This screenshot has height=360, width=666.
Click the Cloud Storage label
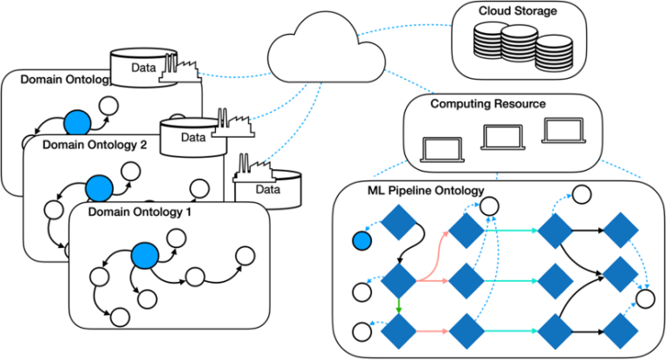coord(518,10)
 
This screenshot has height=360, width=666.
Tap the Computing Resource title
coord(488,104)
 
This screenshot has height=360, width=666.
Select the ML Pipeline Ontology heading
coord(426,191)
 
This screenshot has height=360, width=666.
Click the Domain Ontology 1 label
coord(140,212)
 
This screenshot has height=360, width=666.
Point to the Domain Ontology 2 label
coord(95,145)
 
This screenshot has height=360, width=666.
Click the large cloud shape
coord(327,48)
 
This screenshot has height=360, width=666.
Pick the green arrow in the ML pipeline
coord(398,306)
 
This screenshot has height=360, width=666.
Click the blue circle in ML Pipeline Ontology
coord(362,241)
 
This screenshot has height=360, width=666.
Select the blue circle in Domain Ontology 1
coord(145,256)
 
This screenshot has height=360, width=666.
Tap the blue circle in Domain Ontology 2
coord(100,188)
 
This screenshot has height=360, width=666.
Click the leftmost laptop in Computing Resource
coord(442,150)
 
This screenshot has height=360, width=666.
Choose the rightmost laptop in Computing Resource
coord(564,130)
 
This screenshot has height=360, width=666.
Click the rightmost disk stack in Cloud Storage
coord(554,54)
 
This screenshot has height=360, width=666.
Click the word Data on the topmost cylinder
coord(143,68)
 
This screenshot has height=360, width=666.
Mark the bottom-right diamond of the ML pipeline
coord(621,331)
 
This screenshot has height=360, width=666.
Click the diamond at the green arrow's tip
coord(398,331)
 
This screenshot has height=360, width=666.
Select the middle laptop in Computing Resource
coord(503,137)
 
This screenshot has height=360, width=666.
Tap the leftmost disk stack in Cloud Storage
coord(493,40)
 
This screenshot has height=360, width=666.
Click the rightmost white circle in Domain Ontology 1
coord(245,256)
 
